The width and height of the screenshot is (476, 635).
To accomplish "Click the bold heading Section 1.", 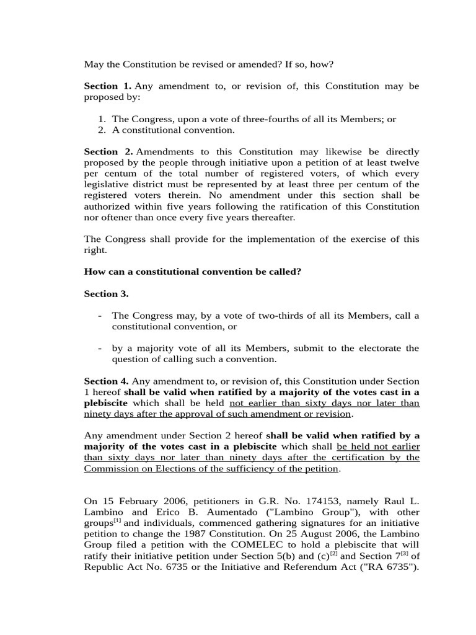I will point(107,86).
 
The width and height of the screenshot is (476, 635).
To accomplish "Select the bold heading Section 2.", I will point(107,151).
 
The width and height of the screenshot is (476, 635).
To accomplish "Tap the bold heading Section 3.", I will point(106,294).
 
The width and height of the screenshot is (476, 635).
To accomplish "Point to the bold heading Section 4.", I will point(106,381).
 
